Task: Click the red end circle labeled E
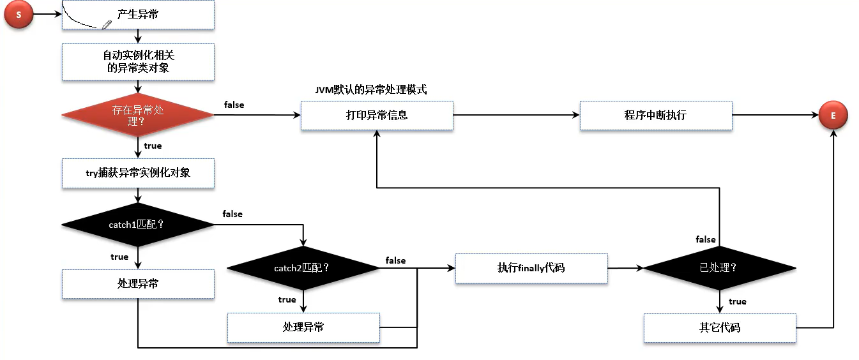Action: pos(834,116)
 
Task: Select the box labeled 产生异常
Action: pos(138,15)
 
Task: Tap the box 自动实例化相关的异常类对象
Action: pos(138,62)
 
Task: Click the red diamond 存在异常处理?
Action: pos(138,115)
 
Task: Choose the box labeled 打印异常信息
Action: pos(377,116)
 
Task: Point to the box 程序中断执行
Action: pos(655,116)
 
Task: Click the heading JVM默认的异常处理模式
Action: pos(371,90)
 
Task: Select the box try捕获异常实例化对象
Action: pos(138,172)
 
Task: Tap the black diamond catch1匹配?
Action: pos(138,224)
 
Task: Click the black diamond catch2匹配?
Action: pos(303,268)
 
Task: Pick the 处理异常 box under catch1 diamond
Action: pos(138,284)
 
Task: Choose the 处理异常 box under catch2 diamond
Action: pos(303,327)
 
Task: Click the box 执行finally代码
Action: pos(531,268)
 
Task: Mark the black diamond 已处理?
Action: pos(719,268)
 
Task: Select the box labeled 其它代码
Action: pos(720,328)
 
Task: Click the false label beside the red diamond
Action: pos(234,105)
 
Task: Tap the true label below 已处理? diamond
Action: pos(737,301)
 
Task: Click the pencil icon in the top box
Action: pos(107,24)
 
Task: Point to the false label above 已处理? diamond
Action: pos(706,239)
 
